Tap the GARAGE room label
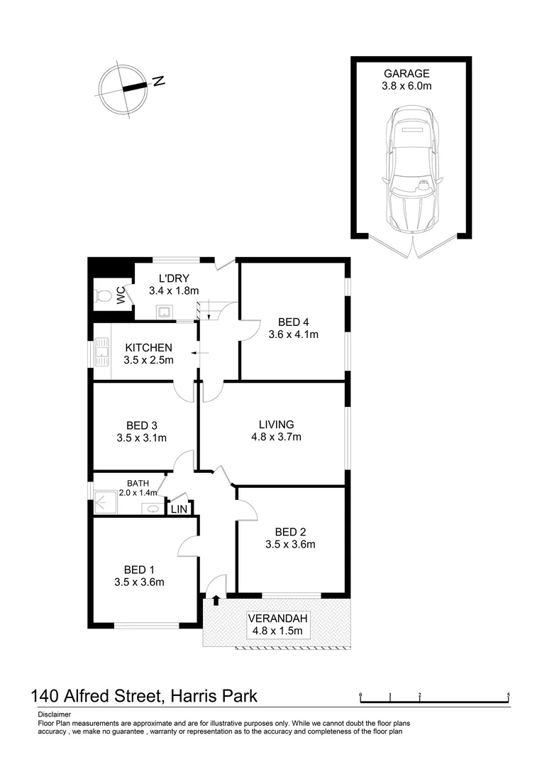(406, 73)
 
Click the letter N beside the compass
(159, 81)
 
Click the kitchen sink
(101, 350)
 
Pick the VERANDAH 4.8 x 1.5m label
(277, 624)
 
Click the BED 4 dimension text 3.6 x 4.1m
(294, 334)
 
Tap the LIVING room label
(277, 424)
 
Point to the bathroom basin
(150, 508)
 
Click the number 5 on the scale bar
(509, 694)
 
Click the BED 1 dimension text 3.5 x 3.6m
(140, 582)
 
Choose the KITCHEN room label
(148, 347)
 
